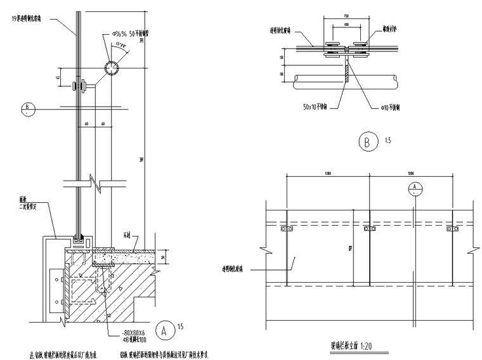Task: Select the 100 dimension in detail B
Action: click(346, 25)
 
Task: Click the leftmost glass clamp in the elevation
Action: click(285, 229)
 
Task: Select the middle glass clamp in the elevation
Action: click(369, 229)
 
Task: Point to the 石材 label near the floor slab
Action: click(127, 235)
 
